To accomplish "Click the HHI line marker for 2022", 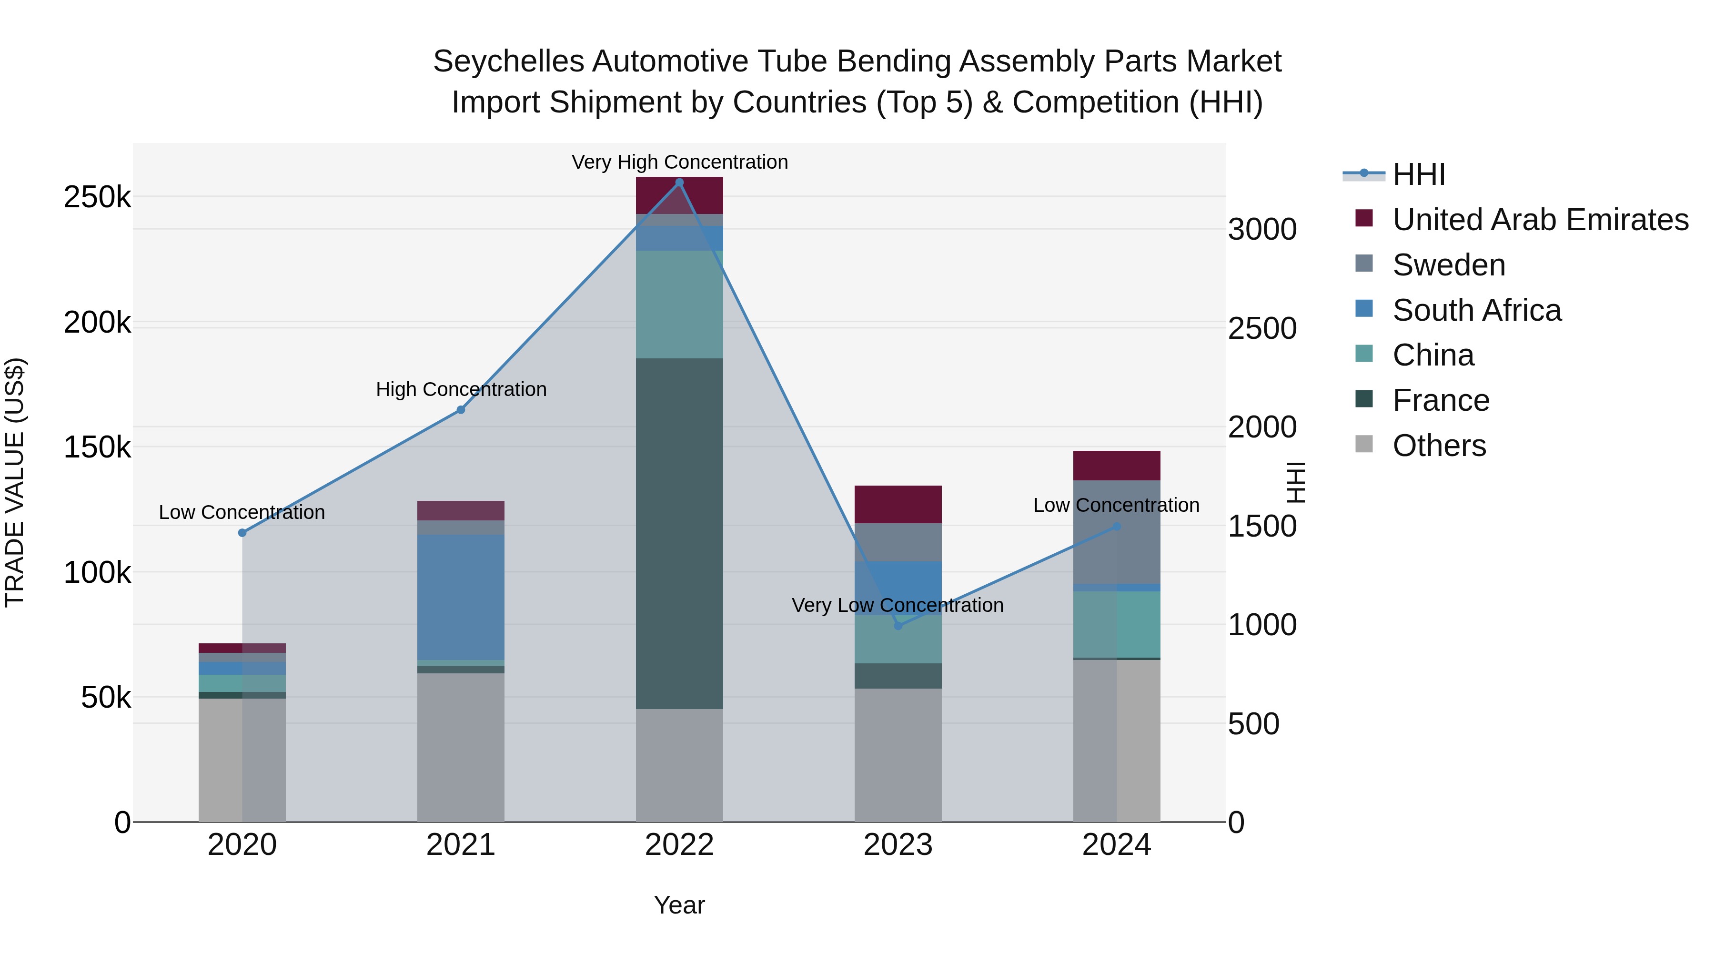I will tap(679, 183).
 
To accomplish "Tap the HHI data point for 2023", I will tap(898, 625).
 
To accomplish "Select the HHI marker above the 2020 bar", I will tap(242, 533).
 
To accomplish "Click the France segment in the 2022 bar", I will tap(679, 533).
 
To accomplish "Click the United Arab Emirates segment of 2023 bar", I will tap(898, 504).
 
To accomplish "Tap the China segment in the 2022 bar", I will tap(679, 305).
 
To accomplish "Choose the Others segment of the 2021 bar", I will tap(461, 747).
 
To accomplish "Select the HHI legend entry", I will tap(1418, 174).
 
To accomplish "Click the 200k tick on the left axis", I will tap(97, 323).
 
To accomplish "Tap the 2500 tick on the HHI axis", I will tap(1262, 328).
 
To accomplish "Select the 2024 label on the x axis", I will tap(1117, 845).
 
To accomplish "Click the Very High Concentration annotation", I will tap(679, 162).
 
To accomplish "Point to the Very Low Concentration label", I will tap(898, 605).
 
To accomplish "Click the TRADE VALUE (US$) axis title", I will tap(15, 482).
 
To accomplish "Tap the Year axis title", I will tap(679, 905).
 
